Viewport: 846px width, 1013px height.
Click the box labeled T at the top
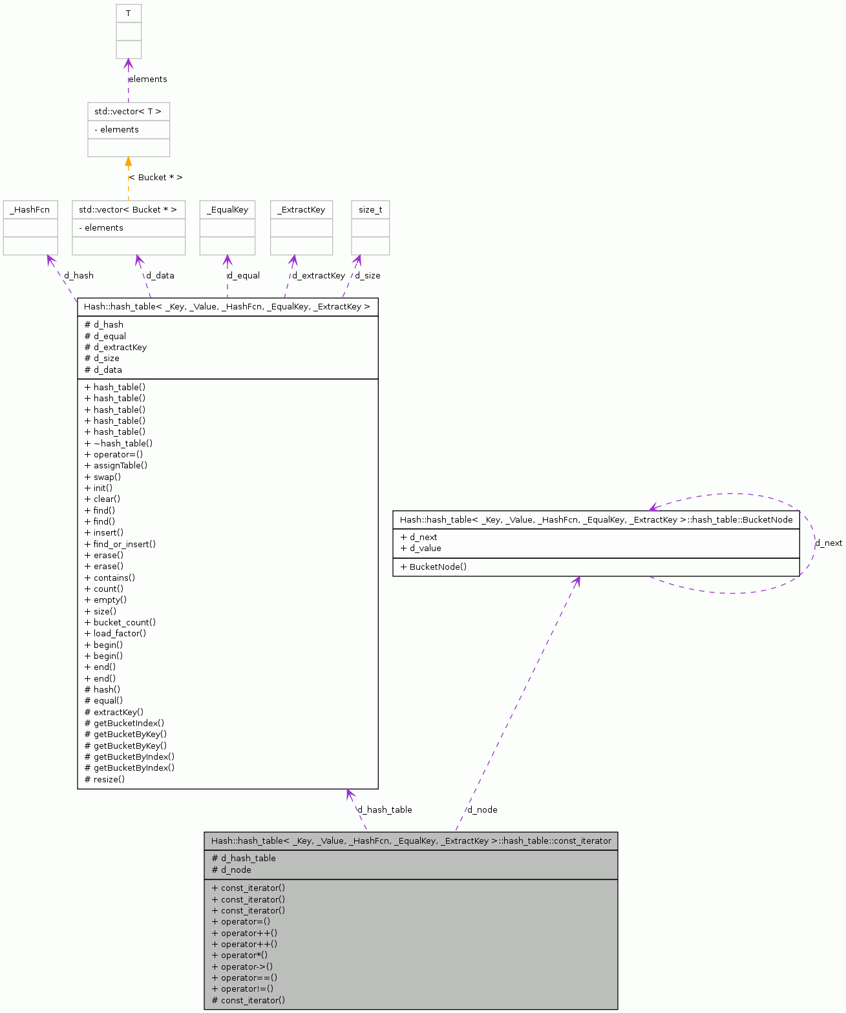coord(129,14)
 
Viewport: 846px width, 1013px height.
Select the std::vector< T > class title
coord(129,112)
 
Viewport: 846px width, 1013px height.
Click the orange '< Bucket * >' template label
coord(156,177)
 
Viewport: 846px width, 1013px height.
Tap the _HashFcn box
coord(30,210)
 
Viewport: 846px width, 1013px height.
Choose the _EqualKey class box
coord(227,210)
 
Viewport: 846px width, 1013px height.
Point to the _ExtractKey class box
coord(301,210)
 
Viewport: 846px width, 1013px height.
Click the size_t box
coord(370,210)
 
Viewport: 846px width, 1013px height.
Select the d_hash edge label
coord(79,275)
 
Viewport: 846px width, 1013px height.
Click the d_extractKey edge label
coord(319,275)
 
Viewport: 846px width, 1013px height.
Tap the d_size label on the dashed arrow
coord(368,275)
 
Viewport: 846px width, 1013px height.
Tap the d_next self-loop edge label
coord(829,543)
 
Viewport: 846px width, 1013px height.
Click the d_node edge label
coord(483,809)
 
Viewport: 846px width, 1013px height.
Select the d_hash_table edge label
coord(385,809)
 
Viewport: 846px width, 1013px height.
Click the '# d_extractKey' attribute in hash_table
coord(116,347)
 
